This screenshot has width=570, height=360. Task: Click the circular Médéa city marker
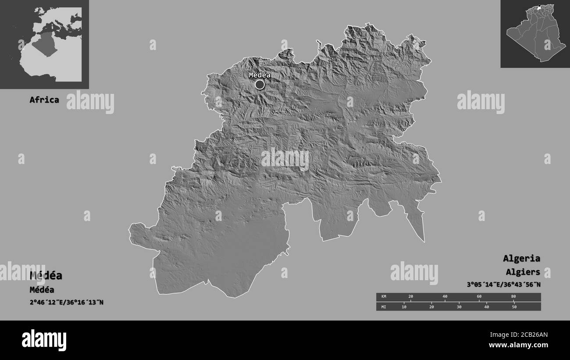[260, 84]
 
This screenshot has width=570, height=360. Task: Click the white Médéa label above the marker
[260, 75]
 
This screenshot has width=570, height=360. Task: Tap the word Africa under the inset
[44, 100]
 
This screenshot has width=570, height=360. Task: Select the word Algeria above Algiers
[521, 258]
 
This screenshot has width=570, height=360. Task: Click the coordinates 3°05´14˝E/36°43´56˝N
[503, 285]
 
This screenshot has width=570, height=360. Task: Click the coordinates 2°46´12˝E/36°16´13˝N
[66, 302]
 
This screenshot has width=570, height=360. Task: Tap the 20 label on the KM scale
[410, 297]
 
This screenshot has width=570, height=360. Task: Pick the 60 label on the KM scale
[479, 297]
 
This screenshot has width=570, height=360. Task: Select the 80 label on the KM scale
[513, 297]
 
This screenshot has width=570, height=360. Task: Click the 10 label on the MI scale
[404, 307]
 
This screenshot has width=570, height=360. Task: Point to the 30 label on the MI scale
[459, 307]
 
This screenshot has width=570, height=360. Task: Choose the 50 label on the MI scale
[514, 307]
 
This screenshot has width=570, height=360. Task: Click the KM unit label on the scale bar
[384, 297]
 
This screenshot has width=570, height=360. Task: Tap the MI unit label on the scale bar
[384, 307]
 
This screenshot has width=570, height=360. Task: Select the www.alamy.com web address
[518, 345]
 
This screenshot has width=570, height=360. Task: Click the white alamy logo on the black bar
[44, 340]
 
